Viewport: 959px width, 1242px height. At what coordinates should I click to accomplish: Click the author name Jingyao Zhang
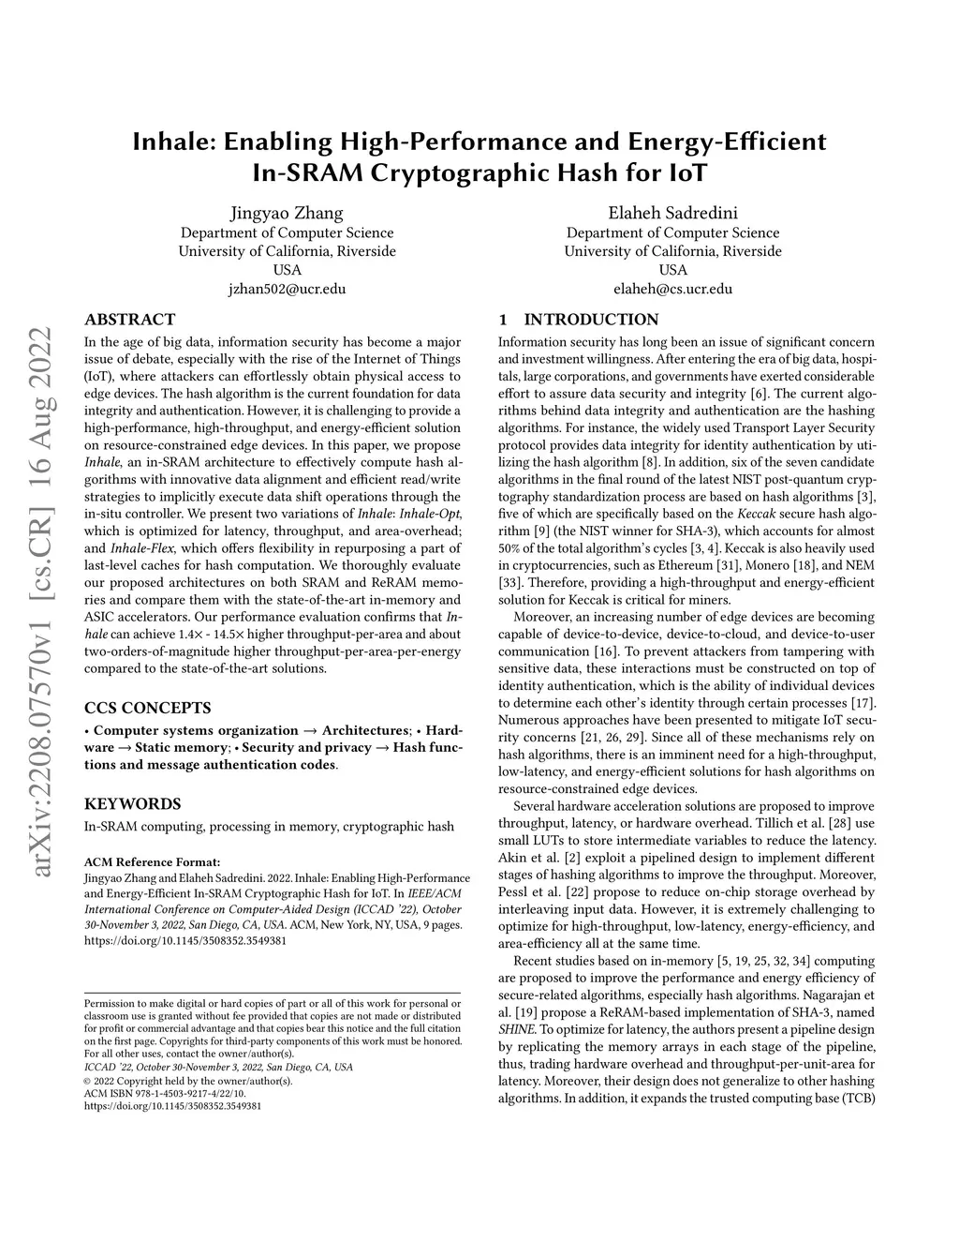287,213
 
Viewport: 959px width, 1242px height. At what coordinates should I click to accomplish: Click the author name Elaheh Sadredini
672,213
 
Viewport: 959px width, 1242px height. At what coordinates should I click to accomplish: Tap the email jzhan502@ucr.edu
287,289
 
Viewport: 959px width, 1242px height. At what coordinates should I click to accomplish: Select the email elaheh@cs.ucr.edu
672,289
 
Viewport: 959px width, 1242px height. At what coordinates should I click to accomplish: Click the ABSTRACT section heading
129,320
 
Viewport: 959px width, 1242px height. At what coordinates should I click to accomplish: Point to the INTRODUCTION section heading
591,320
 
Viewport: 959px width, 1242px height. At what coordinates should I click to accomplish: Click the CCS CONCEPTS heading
147,708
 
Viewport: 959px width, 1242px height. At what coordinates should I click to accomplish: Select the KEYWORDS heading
132,803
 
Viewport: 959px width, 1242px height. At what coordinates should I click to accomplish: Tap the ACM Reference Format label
152,862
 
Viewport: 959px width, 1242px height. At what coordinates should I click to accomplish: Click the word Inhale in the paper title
170,142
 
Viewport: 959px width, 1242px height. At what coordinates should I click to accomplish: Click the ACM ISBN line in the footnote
165,1093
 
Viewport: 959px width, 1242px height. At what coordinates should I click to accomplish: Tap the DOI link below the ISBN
172,1105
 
